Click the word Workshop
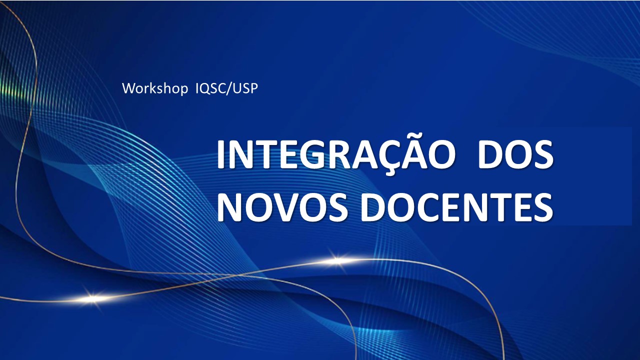pos(154,89)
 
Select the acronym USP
pos(244,88)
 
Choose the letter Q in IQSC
pos(205,89)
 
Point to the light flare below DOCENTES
pos(337,260)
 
